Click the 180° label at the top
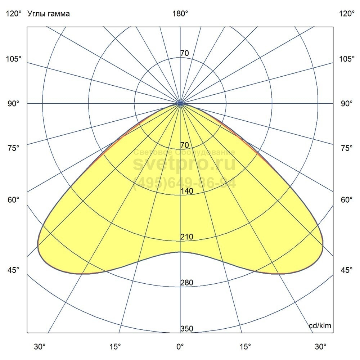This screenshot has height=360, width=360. (180, 14)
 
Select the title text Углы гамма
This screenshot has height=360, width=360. (49, 14)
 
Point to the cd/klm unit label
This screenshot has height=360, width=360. (320, 326)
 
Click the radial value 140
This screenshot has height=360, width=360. (187, 191)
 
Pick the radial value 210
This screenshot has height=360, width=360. (187, 237)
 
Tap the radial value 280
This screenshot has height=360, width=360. (187, 283)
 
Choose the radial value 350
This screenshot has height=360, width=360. (187, 329)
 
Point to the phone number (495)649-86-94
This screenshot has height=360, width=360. (185, 183)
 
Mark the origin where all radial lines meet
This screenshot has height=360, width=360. (180, 104)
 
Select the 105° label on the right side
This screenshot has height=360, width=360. (347, 59)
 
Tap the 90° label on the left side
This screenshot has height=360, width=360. (14, 104)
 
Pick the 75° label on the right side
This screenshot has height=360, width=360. (347, 148)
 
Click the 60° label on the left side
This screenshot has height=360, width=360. (14, 200)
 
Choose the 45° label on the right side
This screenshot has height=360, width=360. (347, 270)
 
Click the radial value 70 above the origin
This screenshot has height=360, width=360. (184, 53)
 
